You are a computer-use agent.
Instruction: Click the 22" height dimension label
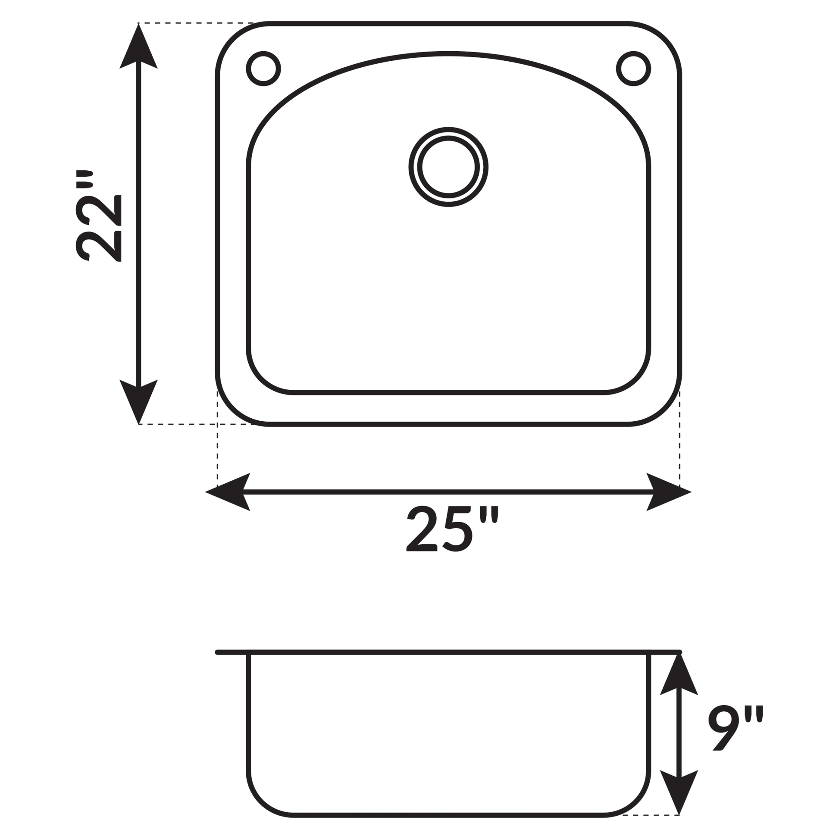coord(99,216)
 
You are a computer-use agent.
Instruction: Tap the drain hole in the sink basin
coord(448,167)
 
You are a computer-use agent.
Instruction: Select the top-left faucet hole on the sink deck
coord(263,69)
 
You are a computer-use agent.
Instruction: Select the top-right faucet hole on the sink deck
coord(633,69)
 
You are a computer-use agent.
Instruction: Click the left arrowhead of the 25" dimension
coord(229,492)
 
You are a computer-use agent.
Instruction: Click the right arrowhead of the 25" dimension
coord(668,492)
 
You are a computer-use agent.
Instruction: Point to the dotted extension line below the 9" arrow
coord(651,815)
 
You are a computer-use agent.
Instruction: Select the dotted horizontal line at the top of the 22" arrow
coord(195,23)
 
